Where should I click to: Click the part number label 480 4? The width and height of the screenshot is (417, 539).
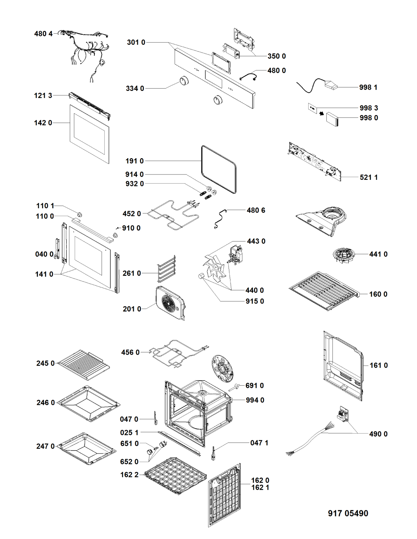43,34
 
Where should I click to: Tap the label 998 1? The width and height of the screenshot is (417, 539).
368,87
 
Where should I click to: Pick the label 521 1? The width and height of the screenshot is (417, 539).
368,178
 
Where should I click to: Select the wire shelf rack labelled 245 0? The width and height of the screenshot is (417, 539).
83,365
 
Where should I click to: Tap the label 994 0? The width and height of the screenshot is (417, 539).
255,400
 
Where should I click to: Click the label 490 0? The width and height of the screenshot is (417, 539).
378,434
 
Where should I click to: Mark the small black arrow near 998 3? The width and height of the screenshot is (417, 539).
321,114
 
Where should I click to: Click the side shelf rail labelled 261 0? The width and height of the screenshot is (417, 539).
166,269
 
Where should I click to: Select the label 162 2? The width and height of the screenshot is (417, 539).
129,475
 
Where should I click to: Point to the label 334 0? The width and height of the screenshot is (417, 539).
135,88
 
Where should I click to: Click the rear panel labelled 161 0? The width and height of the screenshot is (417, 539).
343,366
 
